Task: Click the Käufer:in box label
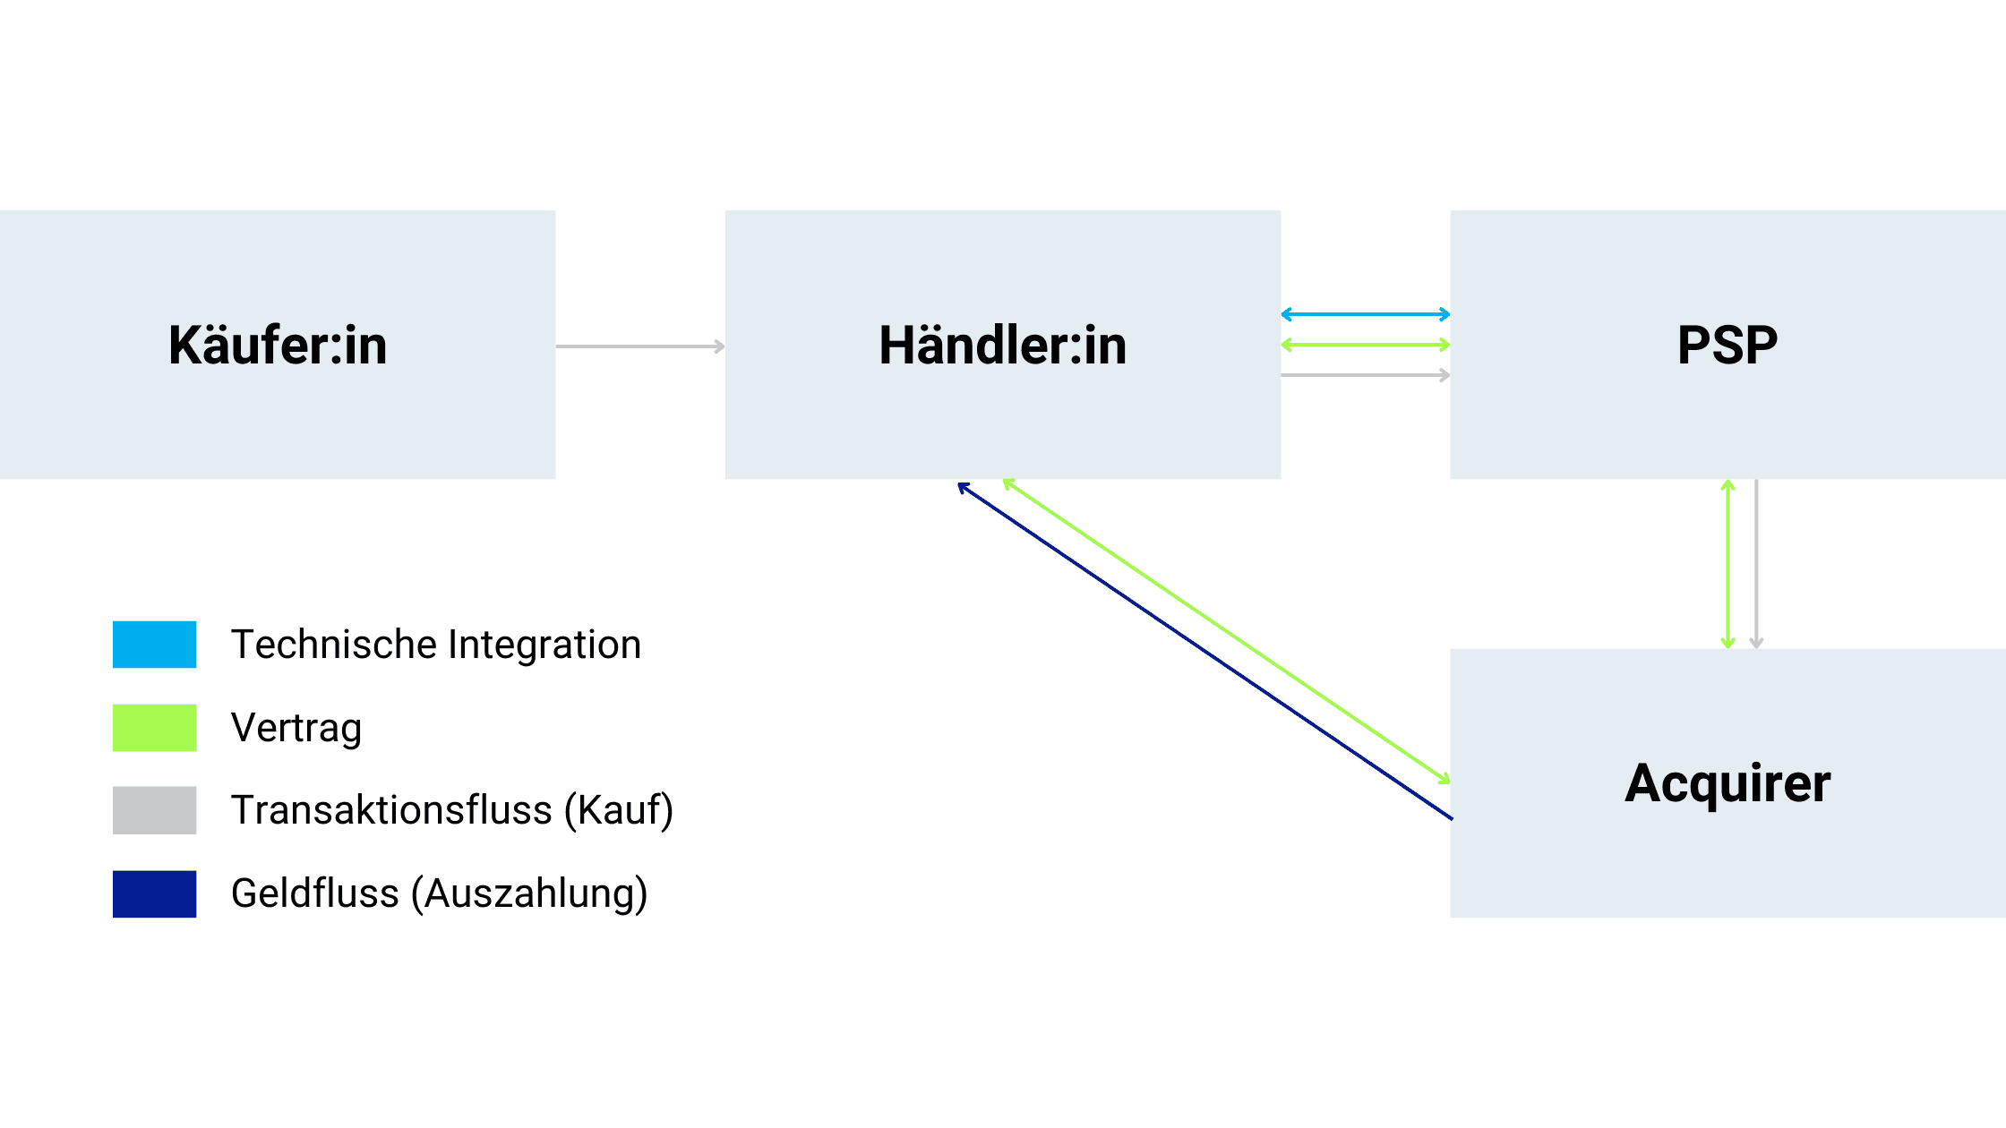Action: point(278,346)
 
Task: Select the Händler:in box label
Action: point(1002,346)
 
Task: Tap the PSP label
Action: point(1727,346)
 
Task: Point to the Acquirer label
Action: point(1727,783)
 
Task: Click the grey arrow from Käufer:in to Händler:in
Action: point(639,346)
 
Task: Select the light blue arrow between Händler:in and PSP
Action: point(1365,314)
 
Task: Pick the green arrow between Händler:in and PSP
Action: point(1365,345)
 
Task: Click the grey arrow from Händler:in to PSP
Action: point(1365,375)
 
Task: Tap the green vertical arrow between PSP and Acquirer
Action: point(1728,564)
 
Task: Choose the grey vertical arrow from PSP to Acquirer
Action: point(1756,564)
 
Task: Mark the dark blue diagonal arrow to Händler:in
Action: point(1204,652)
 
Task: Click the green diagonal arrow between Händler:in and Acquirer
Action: point(1227,631)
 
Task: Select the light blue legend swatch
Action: point(154,645)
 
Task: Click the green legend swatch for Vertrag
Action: point(154,728)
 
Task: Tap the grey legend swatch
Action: point(154,810)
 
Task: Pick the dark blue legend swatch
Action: point(154,893)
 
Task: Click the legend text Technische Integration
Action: point(436,645)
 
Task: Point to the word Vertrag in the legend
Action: point(296,728)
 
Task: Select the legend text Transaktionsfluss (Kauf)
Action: point(452,810)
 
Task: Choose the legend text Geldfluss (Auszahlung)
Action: point(439,893)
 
